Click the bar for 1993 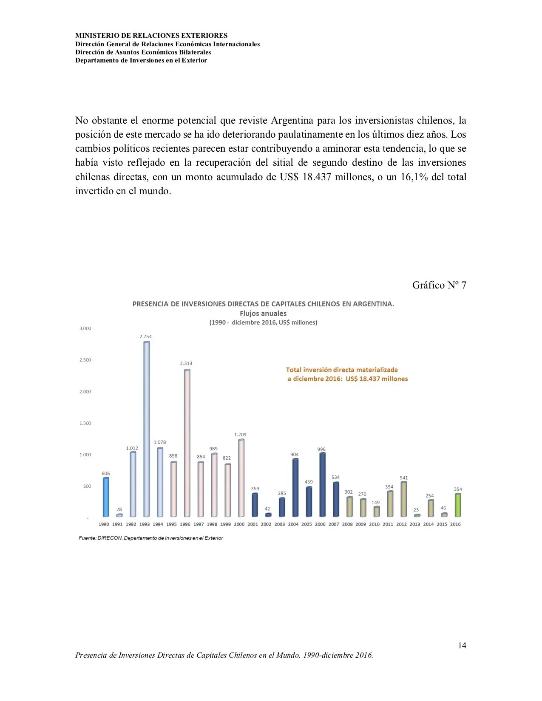point(147,429)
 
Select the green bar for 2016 point(457,505)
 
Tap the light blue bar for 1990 point(106,497)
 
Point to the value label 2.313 point(186,363)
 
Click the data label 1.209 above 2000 point(240,435)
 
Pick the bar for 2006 point(322,484)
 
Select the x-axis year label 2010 point(374,524)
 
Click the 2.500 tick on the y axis point(85,360)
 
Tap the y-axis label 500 point(87,486)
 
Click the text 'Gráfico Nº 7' point(439,285)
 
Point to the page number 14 point(462,645)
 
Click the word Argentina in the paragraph point(292,121)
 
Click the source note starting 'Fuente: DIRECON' point(150,538)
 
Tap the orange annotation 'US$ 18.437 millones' point(377,379)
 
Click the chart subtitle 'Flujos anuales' point(263,314)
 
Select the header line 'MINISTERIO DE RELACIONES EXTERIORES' point(151,36)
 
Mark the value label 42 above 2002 point(267,509)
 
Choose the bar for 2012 point(403,499)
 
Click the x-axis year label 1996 point(185,524)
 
